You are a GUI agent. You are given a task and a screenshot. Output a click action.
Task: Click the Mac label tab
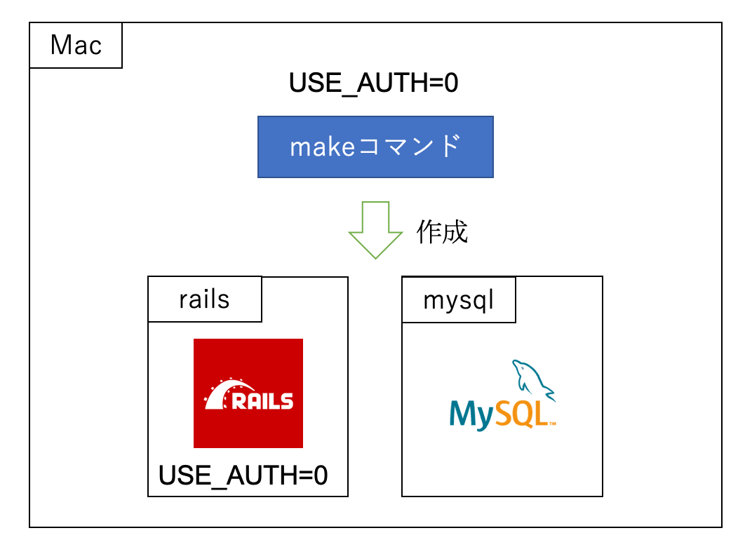point(76,46)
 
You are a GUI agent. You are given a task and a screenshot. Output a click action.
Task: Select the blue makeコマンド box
point(375,147)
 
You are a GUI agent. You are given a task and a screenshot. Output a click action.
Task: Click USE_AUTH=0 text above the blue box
point(374,83)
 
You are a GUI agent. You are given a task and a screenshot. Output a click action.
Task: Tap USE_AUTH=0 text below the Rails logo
point(243,475)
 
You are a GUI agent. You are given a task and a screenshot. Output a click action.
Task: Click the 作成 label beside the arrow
point(442,232)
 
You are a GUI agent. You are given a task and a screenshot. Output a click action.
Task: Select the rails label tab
point(204,299)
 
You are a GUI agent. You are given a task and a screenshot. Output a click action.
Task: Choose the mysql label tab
point(459,299)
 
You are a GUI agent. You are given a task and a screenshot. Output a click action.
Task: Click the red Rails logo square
point(248,393)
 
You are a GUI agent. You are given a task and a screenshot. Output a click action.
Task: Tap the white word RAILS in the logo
point(262,401)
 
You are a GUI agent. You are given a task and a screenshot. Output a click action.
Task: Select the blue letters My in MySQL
point(471,414)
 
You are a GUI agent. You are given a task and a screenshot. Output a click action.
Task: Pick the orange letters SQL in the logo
point(521,413)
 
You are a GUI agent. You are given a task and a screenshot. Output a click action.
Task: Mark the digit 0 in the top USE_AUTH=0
point(450,83)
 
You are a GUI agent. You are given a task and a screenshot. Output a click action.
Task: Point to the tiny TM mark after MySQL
point(552,424)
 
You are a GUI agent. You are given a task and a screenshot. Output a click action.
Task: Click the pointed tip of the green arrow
point(375,257)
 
